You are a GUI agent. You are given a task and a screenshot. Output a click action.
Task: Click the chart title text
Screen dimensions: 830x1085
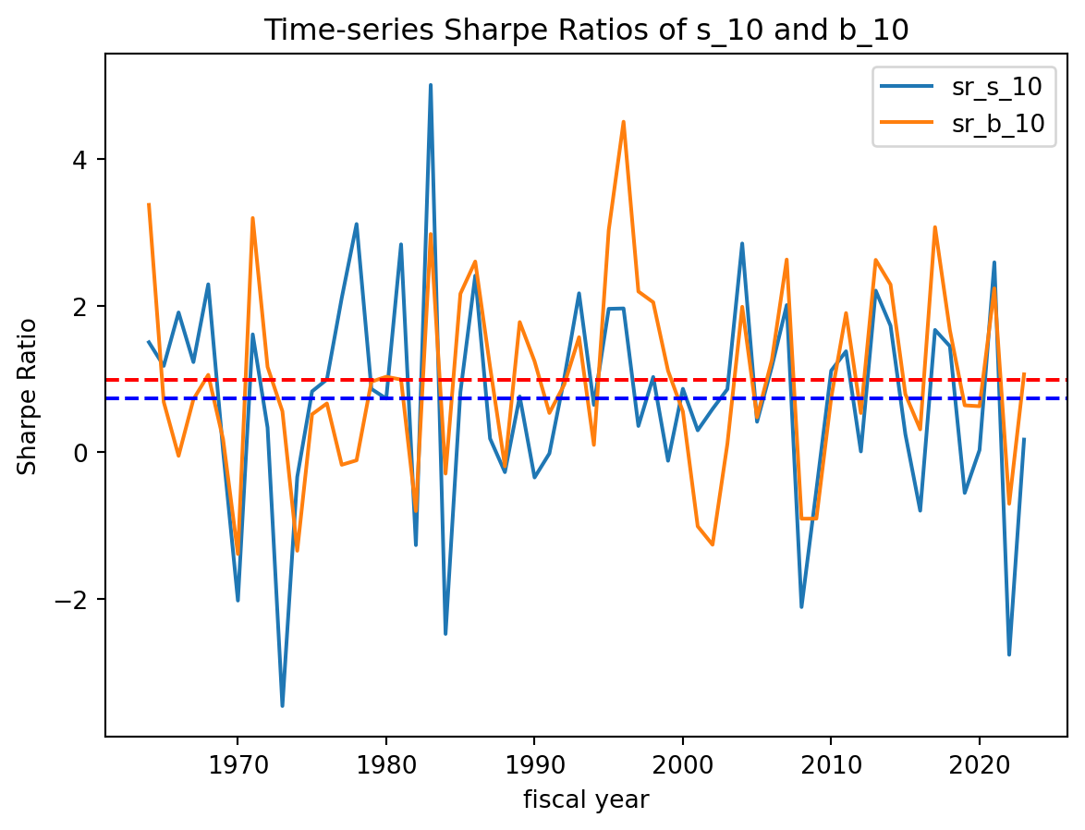click(x=586, y=30)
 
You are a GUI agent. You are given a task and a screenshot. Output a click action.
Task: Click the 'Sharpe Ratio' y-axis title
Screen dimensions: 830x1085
click(x=29, y=396)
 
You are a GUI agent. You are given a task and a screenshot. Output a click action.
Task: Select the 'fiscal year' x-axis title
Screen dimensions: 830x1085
click(x=586, y=799)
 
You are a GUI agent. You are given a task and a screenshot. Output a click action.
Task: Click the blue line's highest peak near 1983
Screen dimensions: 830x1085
click(x=431, y=85)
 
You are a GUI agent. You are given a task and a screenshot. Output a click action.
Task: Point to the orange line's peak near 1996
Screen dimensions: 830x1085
click(x=624, y=122)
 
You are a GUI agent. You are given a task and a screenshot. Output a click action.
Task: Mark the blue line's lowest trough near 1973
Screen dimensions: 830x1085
click(x=282, y=706)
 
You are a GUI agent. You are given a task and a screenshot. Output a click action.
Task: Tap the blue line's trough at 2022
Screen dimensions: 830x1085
click(x=1009, y=654)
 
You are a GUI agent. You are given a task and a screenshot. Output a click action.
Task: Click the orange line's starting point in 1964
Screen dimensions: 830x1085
click(x=149, y=204)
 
